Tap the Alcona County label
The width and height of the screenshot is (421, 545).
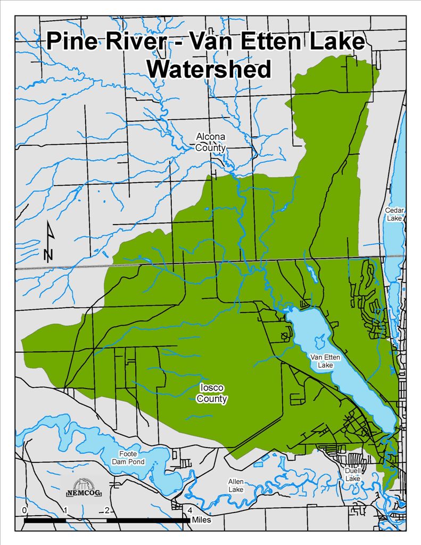[x=210, y=142]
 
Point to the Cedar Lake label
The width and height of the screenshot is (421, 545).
[x=394, y=214]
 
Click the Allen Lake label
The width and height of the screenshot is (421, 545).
[x=236, y=485]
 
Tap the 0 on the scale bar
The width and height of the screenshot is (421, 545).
[x=24, y=510]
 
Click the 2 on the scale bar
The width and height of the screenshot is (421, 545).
[x=108, y=510]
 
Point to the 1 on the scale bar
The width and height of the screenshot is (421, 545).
[x=66, y=510]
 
